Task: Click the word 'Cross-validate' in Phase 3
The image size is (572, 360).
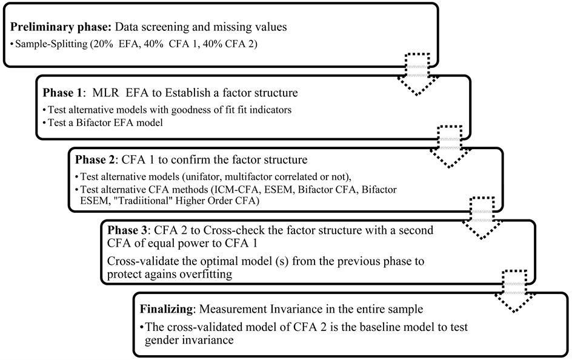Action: [140, 261]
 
